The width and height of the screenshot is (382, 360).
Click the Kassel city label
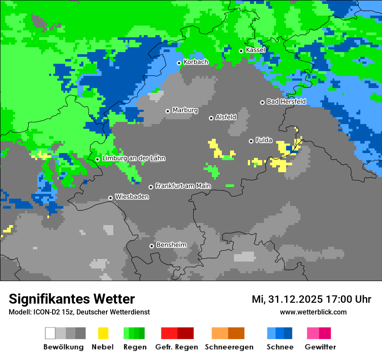coord(255,50)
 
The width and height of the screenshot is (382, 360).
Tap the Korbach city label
coord(196,62)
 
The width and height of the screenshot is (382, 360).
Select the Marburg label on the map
coord(185,110)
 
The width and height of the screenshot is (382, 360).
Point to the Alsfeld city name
coord(226,117)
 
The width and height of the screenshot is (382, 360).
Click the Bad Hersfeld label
coord(286,101)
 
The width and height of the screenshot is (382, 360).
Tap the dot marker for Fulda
coord(251,141)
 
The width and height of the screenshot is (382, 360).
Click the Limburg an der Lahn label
coord(133,158)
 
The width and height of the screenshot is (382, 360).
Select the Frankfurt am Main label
coord(183,186)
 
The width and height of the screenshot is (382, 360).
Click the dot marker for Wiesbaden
coord(111,198)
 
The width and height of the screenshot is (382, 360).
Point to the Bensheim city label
coord(171,245)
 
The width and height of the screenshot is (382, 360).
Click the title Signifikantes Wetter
coord(72,299)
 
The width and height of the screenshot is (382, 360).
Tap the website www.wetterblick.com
coord(313,312)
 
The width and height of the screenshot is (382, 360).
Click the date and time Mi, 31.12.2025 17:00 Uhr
coord(311,299)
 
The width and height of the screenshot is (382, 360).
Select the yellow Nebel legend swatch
coord(103,333)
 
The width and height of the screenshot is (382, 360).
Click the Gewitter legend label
coord(320,347)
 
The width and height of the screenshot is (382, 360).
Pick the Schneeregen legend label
coord(229,347)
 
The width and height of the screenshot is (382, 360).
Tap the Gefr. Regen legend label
coord(177,347)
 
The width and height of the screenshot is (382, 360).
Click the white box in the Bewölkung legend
coord(50,333)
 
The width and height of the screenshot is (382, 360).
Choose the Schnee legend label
coord(280,347)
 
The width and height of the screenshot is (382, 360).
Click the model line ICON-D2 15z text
coord(79,312)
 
